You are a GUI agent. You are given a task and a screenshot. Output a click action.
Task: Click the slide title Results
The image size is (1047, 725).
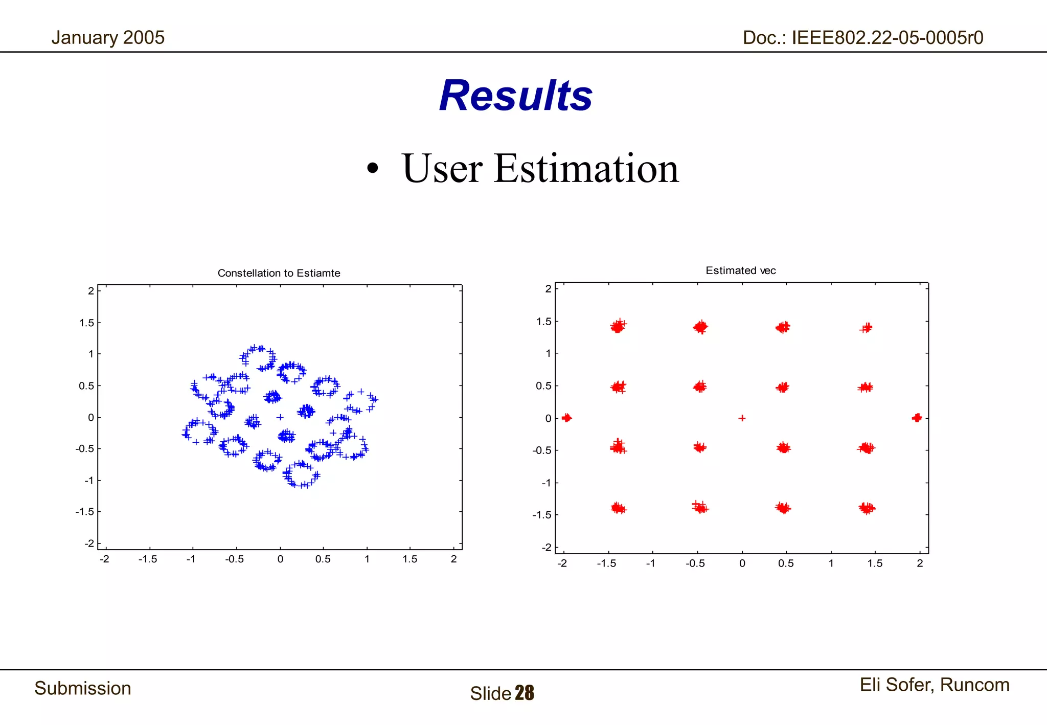pos(515,96)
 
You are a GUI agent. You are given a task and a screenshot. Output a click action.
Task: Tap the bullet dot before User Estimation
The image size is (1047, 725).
pos(373,168)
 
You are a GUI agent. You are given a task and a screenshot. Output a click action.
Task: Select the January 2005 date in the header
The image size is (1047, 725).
pos(108,37)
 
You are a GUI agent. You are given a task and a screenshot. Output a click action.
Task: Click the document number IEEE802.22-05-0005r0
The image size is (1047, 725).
pos(863,37)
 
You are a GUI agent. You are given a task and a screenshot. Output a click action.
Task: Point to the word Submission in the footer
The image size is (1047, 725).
pos(83,688)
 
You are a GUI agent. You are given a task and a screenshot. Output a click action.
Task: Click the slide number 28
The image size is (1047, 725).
pos(525,693)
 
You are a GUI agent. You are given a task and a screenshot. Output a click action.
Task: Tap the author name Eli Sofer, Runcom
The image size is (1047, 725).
pos(934,685)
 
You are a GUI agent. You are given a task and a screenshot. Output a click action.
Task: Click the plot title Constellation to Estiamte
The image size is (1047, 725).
pos(279,273)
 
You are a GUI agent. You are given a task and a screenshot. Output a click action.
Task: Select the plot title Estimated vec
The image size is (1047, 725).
pos(740,270)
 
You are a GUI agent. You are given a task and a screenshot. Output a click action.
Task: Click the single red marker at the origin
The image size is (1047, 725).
pos(742,418)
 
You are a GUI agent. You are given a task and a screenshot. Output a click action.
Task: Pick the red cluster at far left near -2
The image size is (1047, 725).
pos(566,418)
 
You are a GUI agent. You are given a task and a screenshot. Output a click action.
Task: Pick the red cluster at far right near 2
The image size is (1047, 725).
pos(917,418)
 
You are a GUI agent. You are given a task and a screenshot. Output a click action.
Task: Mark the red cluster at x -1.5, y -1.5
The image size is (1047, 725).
pos(618,508)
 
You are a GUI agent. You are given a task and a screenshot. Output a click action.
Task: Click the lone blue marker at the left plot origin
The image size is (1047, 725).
pos(280,417)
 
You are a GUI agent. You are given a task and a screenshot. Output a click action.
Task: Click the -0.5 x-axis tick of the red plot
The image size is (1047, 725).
pos(695,563)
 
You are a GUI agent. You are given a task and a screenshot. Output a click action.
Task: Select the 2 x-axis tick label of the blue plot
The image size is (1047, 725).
pos(453,559)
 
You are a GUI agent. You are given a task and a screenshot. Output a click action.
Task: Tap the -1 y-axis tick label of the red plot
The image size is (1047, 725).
pos(547,483)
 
